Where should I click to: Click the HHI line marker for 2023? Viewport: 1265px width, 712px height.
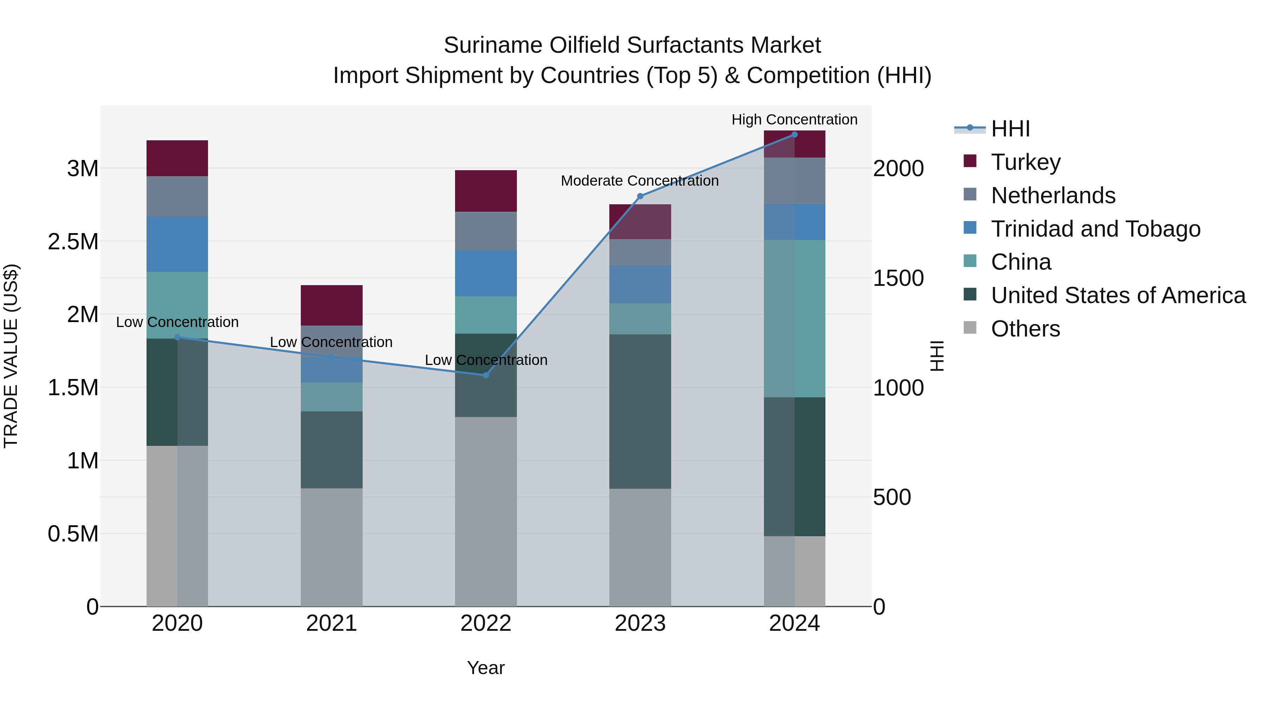pyautogui.click(x=640, y=196)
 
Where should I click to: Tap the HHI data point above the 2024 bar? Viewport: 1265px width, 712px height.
pyautogui.click(x=794, y=135)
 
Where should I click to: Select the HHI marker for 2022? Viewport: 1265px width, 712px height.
pyautogui.click(x=486, y=375)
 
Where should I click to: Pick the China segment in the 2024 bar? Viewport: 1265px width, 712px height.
pyautogui.click(x=794, y=319)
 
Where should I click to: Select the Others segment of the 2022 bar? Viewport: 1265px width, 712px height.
pyautogui.click(x=486, y=511)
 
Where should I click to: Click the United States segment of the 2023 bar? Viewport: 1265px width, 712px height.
pyautogui.click(x=640, y=411)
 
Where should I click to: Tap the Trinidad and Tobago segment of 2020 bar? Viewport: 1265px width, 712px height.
pyautogui.click(x=177, y=244)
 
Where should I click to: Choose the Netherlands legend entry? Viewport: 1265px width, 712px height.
pyautogui.click(x=1052, y=195)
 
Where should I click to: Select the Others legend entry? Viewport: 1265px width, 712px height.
pyautogui.click(x=1025, y=329)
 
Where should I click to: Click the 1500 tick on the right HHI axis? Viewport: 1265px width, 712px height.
pyautogui.click(x=898, y=278)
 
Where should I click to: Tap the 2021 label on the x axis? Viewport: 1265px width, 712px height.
pyautogui.click(x=331, y=623)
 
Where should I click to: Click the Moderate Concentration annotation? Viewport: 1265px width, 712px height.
pyautogui.click(x=640, y=181)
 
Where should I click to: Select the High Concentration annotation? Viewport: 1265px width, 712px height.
pyautogui.click(x=794, y=120)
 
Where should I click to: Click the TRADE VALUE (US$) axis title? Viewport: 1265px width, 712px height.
pyautogui.click(x=11, y=356)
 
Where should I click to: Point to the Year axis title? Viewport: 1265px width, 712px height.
pyautogui.click(x=486, y=668)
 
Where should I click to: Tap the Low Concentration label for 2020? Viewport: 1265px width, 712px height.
pyautogui.click(x=177, y=322)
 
